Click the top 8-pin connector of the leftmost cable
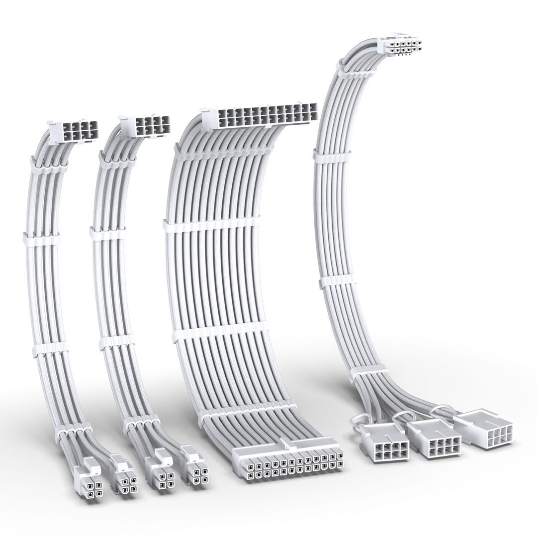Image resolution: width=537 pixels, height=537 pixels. (x=75, y=130)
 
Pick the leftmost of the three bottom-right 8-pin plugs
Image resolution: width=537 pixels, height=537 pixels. (x=386, y=443)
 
